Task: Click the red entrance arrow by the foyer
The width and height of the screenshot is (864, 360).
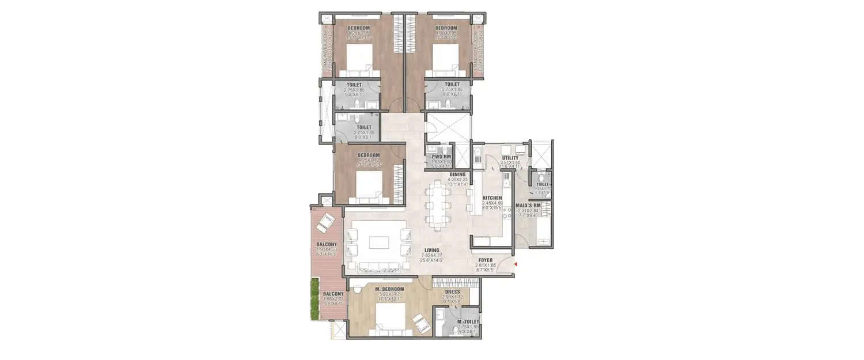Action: pos(517,264)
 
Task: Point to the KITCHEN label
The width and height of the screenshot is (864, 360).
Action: pos(492,198)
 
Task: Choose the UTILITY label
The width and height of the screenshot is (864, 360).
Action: pos(510,158)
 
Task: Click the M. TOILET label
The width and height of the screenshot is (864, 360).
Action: pos(467,322)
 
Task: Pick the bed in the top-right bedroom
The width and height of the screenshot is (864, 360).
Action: pos(445,60)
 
